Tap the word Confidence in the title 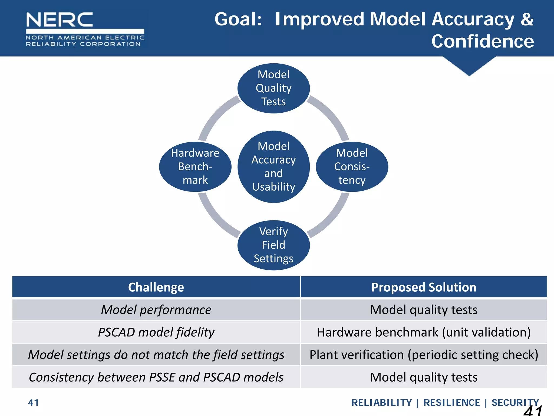click(x=482, y=41)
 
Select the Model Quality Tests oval click(x=273, y=88)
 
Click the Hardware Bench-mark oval click(x=195, y=167)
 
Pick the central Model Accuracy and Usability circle click(x=273, y=167)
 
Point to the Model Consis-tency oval click(x=352, y=167)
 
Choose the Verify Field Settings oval click(x=273, y=245)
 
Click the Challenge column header click(x=156, y=287)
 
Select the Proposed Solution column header click(x=424, y=287)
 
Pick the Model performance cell click(x=156, y=310)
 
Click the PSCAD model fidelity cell click(x=156, y=332)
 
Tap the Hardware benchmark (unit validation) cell click(x=424, y=332)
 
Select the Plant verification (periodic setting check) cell click(x=424, y=355)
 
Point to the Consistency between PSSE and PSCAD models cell click(x=156, y=377)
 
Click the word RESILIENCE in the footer click(x=451, y=403)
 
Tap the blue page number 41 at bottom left click(x=33, y=403)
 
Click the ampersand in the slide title click(x=527, y=19)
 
